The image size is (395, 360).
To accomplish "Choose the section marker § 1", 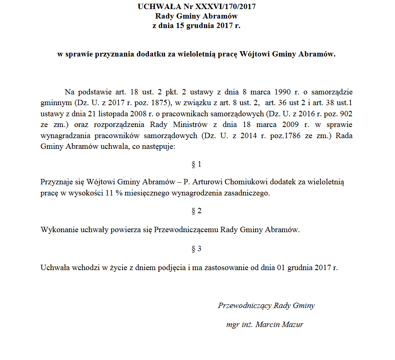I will click(196, 165).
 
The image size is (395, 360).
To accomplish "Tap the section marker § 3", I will click(196, 249).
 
